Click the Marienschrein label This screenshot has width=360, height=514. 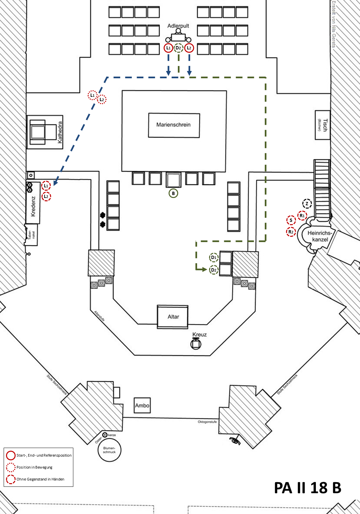tap(174, 125)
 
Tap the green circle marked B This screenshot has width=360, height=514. tap(173, 193)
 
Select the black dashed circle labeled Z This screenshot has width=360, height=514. tap(307, 204)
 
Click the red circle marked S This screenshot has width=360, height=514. tap(291, 220)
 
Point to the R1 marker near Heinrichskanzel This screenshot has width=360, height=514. tap(302, 216)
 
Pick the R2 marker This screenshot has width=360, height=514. tap(291, 232)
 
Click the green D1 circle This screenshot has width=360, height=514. tap(214, 257)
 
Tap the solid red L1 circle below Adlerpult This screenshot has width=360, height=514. tap(168, 48)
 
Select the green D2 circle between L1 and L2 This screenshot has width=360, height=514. tap(179, 48)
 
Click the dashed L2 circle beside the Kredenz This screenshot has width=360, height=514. tap(46, 197)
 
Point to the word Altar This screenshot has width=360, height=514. tap(173, 317)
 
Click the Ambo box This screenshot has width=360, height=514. tap(142, 405)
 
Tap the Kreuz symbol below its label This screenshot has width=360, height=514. tap(196, 344)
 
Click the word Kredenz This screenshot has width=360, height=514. tap(33, 206)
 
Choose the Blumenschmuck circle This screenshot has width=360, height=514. tap(109, 450)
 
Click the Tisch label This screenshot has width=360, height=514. tap(325, 125)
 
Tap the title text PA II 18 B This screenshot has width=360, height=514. tap(308, 487)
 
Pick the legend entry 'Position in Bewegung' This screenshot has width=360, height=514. tap(35, 467)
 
